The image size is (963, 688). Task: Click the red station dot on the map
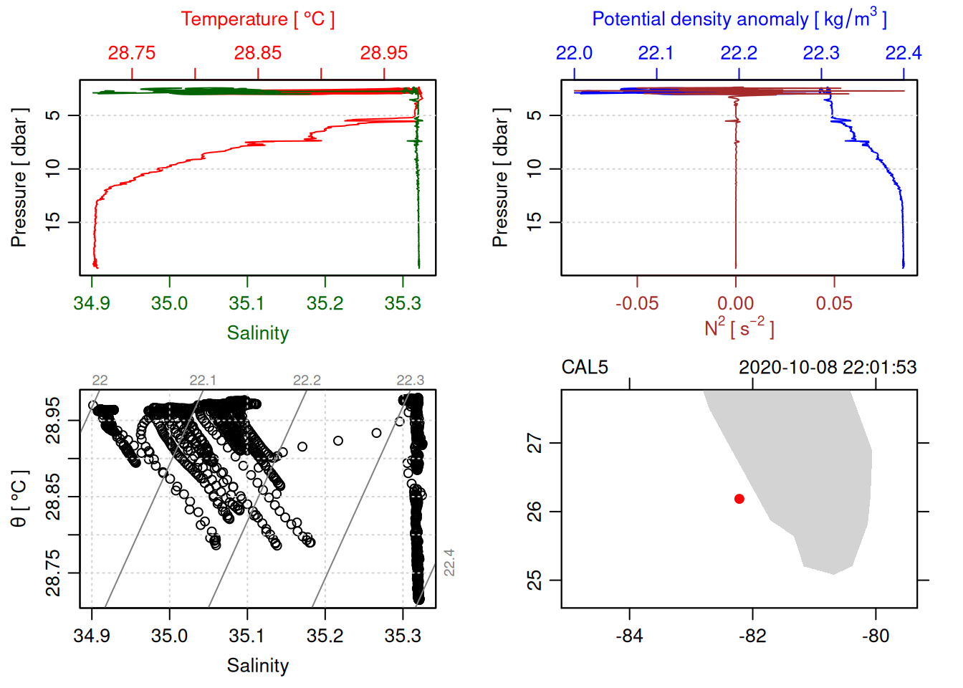pos(739,499)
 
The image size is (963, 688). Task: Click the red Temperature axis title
pos(257,19)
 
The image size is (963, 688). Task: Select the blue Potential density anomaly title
pos(739,19)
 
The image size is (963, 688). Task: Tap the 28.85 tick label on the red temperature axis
pos(257,53)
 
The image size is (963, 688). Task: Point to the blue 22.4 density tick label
pos(903,53)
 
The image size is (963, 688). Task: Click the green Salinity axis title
pos(257,333)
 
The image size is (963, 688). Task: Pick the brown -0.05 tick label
pos(636,303)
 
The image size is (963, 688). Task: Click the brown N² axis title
pos(739,328)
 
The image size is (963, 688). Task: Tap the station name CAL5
pos(585,368)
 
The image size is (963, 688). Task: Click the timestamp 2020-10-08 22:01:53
pos(828,368)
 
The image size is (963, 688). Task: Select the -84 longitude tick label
pos(629,636)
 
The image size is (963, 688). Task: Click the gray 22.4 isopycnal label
pos(449,563)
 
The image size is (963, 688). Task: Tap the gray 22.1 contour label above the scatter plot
pos(203,380)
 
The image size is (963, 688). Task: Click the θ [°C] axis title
pos(19,499)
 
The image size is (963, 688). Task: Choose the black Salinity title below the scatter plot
pos(257,666)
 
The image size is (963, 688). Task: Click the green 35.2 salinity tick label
pos(325,303)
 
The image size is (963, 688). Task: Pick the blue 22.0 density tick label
pos(574,53)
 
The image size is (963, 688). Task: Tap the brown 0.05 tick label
pos(834,303)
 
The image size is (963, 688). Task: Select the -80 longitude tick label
pos(875,636)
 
